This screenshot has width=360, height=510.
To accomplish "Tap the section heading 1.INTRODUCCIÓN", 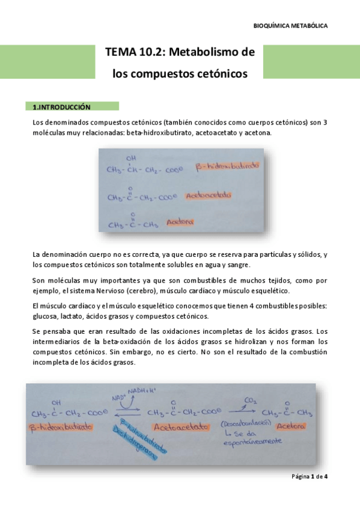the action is point(61,107).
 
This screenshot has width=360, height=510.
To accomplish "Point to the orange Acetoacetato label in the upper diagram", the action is point(209,195).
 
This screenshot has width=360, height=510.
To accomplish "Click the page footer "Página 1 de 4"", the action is point(309,476).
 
